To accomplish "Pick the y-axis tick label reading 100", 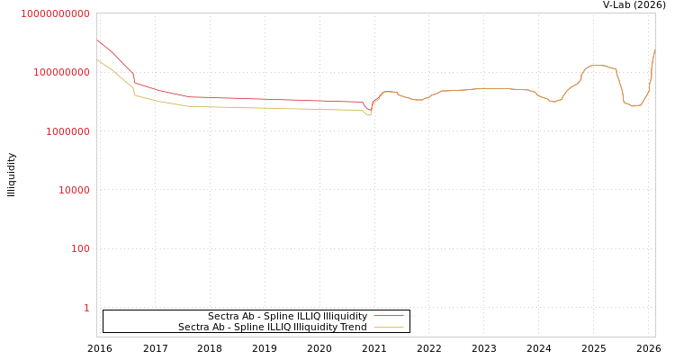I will click(x=80, y=248).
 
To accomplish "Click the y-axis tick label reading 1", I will click(x=86, y=308).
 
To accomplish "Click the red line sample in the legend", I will click(x=388, y=317).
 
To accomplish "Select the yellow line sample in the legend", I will click(x=388, y=328).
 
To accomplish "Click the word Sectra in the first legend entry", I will click(x=224, y=317).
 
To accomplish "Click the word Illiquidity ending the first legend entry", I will click(x=345, y=317).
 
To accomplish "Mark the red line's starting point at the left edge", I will click(x=97, y=40).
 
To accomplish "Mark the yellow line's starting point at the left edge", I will click(x=97, y=60).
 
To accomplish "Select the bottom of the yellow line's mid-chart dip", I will click(x=369, y=115).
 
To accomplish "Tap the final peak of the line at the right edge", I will click(x=654, y=50).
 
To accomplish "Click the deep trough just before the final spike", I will click(x=634, y=106).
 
